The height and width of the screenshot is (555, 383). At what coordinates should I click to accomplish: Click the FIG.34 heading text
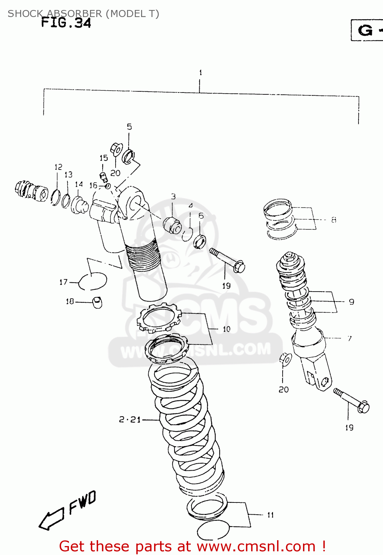coord(66,23)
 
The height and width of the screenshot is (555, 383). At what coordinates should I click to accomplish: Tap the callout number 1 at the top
coord(200,73)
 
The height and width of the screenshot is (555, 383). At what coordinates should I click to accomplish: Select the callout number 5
coord(129,127)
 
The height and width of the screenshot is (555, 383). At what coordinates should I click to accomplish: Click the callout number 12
coord(59,167)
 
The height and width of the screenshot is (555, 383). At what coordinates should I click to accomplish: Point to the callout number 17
coord(63,282)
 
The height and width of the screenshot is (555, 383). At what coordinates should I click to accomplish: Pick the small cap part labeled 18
coord(97,302)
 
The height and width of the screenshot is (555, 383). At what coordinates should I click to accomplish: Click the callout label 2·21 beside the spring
coord(130,420)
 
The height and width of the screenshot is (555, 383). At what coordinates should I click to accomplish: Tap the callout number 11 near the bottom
coord(270,515)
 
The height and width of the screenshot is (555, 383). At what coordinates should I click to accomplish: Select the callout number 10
coord(226,329)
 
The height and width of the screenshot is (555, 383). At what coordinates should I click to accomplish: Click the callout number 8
coord(334,220)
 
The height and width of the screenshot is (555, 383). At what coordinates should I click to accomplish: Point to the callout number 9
coord(351,302)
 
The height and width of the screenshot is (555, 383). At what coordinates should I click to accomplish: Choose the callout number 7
coord(349,338)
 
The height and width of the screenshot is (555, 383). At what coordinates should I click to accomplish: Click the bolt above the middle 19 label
coord(227,260)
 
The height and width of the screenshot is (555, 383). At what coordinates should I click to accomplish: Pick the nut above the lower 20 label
coord(285,359)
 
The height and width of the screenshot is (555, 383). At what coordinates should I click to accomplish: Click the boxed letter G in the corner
coord(365,30)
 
